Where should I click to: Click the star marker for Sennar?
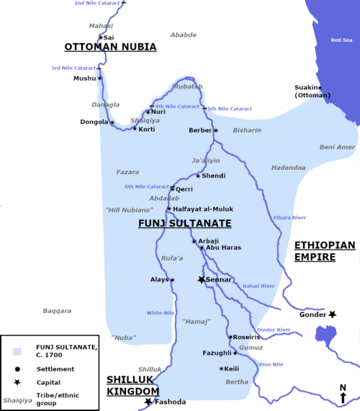(202, 279)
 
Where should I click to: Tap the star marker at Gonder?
(333, 315)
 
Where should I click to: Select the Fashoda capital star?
(148, 402)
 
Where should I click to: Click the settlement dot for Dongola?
(112, 122)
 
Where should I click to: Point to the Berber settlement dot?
(215, 130)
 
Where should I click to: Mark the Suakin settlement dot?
(320, 89)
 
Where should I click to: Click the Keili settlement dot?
(221, 369)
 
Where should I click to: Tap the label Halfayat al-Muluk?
(203, 209)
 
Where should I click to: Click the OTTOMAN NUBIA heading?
(110, 47)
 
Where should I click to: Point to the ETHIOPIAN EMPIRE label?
(325, 250)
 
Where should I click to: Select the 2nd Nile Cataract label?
(96, 4)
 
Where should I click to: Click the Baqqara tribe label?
(57, 311)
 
